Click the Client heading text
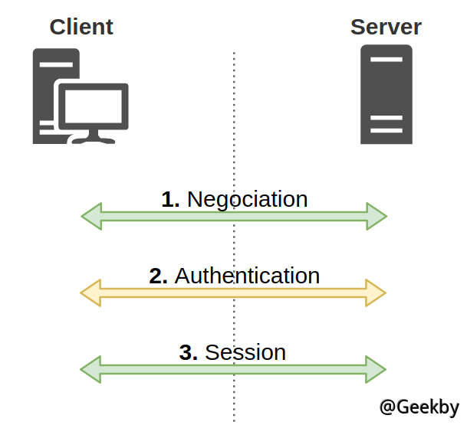tap(81, 27)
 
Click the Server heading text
tap(386, 27)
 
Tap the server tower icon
tap(386, 94)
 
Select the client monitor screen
tap(94, 106)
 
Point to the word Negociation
tap(247, 199)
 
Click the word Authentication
tap(247, 276)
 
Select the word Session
tap(245, 352)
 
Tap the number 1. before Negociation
tap(170, 199)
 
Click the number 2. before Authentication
tap(158, 276)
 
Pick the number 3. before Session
tap(189, 352)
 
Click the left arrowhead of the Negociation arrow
tap(91, 217)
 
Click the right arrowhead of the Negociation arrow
tap(377, 217)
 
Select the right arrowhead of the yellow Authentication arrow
tap(377, 293)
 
